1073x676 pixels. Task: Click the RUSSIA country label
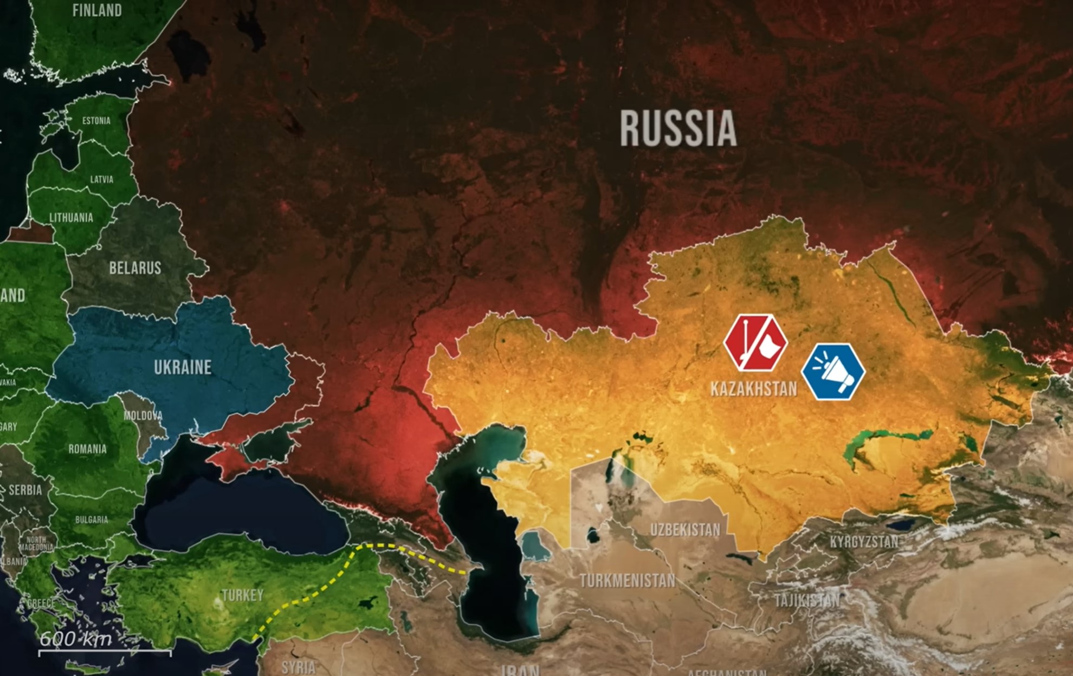[678, 128]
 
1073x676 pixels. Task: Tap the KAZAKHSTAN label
[753, 388]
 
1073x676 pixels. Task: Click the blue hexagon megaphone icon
[833, 372]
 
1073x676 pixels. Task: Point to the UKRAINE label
[183, 367]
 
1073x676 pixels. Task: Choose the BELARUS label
[135, 268]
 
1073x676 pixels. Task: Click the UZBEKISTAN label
[685, 529]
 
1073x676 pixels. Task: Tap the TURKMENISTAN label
[627, 581]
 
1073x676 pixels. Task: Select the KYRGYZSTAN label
[864, 541]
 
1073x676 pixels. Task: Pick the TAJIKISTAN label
[807, 600]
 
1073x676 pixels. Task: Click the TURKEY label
[242, 595]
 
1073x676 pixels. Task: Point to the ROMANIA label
[87, 448]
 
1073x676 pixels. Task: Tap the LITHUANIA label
[71, 217]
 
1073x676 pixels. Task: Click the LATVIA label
[101, 179]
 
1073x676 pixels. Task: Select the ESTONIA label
[96, 120]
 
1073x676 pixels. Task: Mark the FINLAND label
[97, 10]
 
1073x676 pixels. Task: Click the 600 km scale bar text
[76, 639]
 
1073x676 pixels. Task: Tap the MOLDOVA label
[143, 415]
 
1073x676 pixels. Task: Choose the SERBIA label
[25, 490]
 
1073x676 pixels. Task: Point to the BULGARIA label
[91, 519]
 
